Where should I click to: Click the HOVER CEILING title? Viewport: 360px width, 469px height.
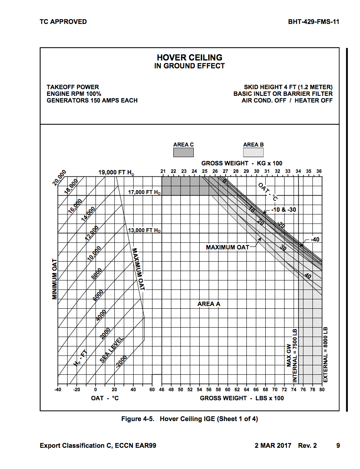[189, 58]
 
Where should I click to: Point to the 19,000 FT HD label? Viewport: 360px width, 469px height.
[116, 172]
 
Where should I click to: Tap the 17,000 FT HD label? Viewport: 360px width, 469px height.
[144, 192]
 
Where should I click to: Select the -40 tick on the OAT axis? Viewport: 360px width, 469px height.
[58, 389]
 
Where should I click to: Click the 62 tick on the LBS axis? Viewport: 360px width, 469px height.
[237, 389]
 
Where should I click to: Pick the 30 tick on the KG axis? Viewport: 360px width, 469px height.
[256, 171]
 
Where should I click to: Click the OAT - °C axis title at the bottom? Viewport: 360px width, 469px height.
[105, 398]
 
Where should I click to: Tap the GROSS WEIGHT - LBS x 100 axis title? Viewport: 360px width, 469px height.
[242, 398]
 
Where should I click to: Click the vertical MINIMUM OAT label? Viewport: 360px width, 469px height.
[55, 279]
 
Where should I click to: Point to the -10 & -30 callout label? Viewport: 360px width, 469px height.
[283, 210]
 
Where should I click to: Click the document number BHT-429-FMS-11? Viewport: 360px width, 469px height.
[313, 22]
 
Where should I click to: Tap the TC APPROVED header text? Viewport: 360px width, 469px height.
[63, 22]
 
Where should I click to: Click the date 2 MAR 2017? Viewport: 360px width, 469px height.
[273, 445]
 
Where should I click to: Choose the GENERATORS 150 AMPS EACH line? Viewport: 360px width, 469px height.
[92, 101]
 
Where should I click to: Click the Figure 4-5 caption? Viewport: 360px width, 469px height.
[189, 419]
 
